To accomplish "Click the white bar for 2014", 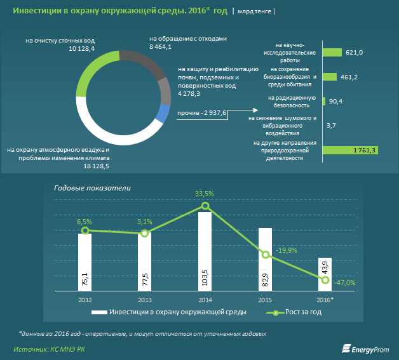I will [205, 251].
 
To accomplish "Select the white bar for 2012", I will [85, 261].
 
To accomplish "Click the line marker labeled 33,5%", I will [205, 206].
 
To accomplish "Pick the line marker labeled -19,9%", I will [267, 255].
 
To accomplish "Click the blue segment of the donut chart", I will [162, 114].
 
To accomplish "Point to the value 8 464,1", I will [160, 47].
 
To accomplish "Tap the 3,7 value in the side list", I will [330, 126].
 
